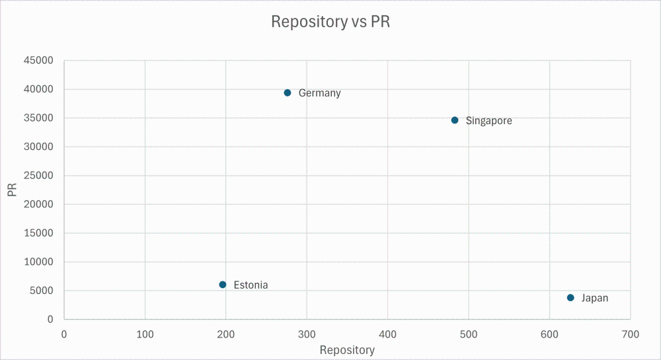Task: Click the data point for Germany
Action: click(x=288, y=92)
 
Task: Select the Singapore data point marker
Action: click(x=455, y=120)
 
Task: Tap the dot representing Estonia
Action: click(x=223, y=285)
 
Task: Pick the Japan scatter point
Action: click(x=570, y=298)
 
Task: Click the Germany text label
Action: click(x=319, y=93)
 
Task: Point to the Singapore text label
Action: click(x=488, y=121)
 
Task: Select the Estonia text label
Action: click(x=251, y=285)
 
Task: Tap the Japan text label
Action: click(x=594, y=299)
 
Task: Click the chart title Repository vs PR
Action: click(x=330, y=22)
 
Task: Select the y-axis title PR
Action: click(x=12, y=190)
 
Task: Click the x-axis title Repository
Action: click(x=347, y=350)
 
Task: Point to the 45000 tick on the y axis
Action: click(x=39, y=61)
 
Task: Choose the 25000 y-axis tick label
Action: click(x=39, y=176)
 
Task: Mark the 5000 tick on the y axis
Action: click(x=42, y=291)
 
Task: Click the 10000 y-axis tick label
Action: click(x=39, y=262)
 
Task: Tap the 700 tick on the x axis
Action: click(x=630, y=334)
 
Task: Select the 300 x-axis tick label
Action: click(x=307, y=334)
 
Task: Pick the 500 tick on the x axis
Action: click(x=469, y=334)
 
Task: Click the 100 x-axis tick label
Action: click(x=145, y=334)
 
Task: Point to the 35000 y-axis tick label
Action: click(x=39, y=118)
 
